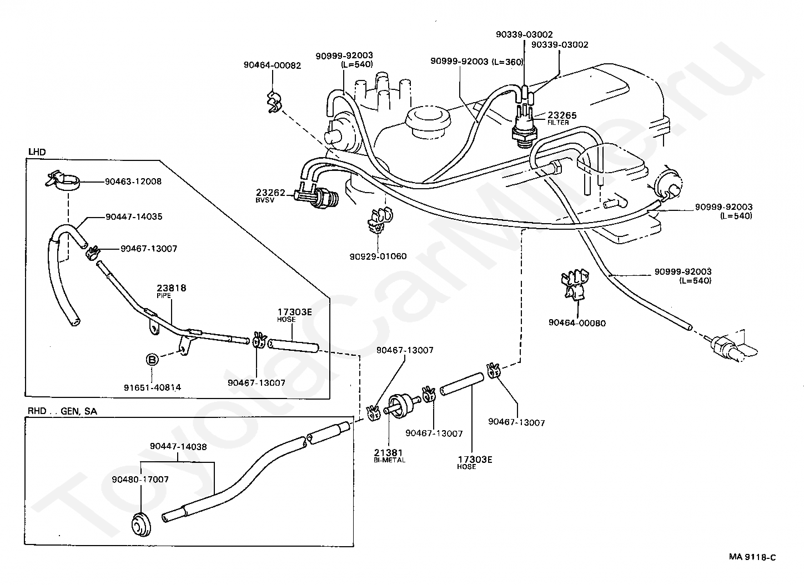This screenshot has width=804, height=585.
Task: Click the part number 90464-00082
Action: click(x=272, y=65)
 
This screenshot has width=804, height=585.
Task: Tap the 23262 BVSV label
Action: click(x=270, y=195)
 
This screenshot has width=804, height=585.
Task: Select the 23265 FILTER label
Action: click(x=562, y=118)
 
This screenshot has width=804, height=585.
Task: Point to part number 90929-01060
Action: click(x=378, y=256)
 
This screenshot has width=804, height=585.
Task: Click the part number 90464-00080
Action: click(x=577, y=323)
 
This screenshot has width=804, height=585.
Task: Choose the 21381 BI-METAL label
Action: click(x=389, y=456)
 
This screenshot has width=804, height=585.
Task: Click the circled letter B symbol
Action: click(x=152, y=360)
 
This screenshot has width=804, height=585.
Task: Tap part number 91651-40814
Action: click(x=153, y=387)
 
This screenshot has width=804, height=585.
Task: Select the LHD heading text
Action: click(x=37, y=152)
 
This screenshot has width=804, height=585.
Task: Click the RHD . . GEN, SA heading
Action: click(x=62, y=411)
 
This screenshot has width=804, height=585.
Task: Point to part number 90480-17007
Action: click(x=140, y=479)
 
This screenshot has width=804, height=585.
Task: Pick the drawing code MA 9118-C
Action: click(x=752, y=557)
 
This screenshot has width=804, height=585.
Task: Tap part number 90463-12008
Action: click(x=133, y=181)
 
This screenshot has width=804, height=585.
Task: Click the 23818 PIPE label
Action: click(x=171, y=291)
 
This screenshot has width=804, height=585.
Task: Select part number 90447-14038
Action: click(x=178, y=446)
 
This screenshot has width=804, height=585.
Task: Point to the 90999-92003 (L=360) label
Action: click(x=476, y=62)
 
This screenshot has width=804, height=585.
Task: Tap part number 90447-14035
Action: click(x=134, y=216)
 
